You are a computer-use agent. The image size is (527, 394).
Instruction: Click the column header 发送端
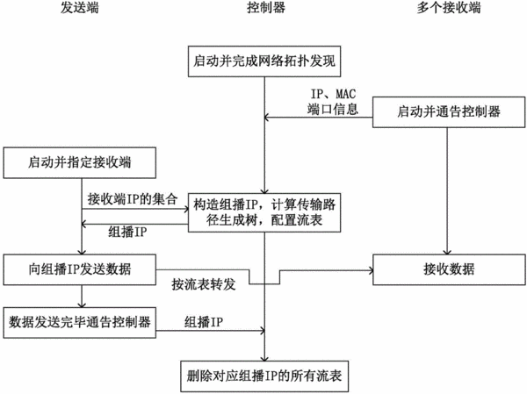[x=80, y=8]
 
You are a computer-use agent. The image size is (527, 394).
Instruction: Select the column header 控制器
[x=266, y=8]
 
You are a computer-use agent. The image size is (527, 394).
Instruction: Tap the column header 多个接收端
[x=449, y=8]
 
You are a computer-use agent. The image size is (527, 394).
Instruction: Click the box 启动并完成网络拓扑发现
[x=264, y=61]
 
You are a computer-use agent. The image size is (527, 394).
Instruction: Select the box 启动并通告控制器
[x=449, y=112]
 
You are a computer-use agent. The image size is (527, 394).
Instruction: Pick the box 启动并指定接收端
[x=80, y=162]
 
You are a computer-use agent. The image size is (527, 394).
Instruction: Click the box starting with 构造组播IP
[x=264, y=212]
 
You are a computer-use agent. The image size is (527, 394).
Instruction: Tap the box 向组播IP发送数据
[x=80, y=269]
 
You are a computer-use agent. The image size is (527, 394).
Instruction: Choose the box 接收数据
[x=449, y=269]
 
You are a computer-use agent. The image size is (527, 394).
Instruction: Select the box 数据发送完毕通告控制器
[x=80, y=322]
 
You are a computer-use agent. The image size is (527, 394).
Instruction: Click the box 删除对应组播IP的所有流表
[x=264, y=376]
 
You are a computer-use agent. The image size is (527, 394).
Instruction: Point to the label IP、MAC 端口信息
[x=332, y=102]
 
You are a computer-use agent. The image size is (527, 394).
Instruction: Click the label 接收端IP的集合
[x=133, y=199]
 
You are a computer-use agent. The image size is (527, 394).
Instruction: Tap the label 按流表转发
[x=204, y=285]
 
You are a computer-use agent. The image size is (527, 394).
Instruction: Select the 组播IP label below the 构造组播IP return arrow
[x=127, y=233]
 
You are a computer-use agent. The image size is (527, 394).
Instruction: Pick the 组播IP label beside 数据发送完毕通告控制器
[x=204, y=322]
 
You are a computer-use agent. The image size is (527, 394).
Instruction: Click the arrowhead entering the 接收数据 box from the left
[x=371, y=270]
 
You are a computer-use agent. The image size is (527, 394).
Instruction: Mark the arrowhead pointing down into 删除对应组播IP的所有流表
[x=264, y=358]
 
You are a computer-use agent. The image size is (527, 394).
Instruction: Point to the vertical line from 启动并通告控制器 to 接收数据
[x=447, y=190]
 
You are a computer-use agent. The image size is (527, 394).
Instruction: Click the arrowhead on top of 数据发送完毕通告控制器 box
[x=82, y=304]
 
